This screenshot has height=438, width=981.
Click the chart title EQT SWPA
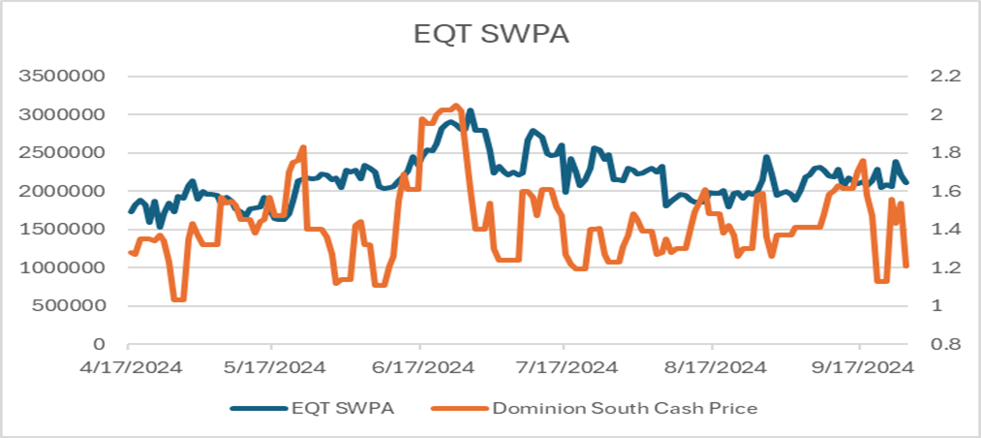coord(490,35)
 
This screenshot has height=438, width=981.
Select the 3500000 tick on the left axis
coord(64,76)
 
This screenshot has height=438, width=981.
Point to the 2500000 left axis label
coord(64,152)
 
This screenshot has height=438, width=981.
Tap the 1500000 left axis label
coord(64,230)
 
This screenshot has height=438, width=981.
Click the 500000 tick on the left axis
coord(69,306)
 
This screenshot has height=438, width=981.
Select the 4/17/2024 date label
coord(128,368)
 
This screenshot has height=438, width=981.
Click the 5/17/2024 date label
coord(273,368)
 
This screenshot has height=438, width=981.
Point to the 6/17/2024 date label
coord(419,368)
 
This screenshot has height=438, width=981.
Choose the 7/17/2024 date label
coord(565,368)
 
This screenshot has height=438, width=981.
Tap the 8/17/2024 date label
coord(712,368)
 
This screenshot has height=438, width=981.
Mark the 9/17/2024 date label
coord(859,368)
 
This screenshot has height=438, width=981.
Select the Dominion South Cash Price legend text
coord(626,408)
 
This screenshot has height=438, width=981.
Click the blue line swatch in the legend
coord(258,408)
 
